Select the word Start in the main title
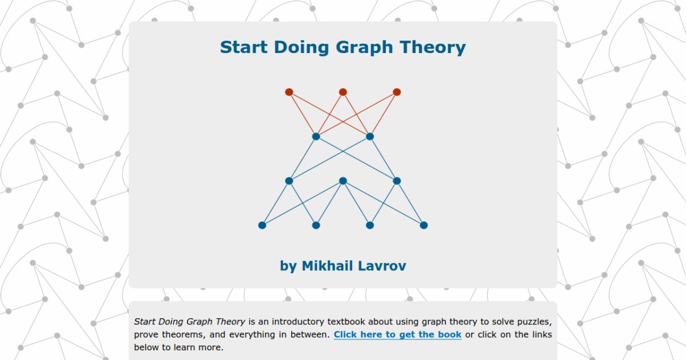[242, 47]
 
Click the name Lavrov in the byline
[382, 266]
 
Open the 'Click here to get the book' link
[397, 334]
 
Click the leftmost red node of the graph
[289, 92]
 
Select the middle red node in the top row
[343, 92]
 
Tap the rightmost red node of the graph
[397, 92]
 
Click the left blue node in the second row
[316, 137]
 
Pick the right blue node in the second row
[370, 137]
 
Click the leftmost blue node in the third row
[289, 181]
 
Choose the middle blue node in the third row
[343, 181]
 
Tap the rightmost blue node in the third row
[397, 181]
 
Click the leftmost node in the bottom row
[262, 225]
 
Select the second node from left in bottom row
[316, 225]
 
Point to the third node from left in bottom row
[370, 225]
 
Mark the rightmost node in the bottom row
[424, 225]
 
